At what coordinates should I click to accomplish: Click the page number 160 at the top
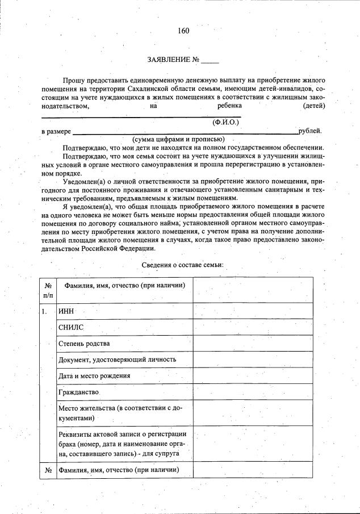[183, 31]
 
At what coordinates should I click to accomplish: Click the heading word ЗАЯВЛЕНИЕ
[169, 60]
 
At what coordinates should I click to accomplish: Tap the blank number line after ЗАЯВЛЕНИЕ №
[210, 60]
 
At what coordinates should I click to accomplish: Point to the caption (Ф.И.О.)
[225, 122]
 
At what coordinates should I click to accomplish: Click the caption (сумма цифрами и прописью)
[179, 139]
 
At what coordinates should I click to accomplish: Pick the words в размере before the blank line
[56, 131]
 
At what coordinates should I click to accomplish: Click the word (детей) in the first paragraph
[314, 106]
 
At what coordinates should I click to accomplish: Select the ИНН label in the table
[66, 312]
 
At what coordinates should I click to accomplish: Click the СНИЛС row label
[71, 328]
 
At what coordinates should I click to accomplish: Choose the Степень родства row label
[84, 344]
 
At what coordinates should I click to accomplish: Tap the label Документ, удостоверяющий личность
[117, 360]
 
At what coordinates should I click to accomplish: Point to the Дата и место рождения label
[94, 375]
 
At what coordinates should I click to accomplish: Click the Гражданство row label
[79, 392]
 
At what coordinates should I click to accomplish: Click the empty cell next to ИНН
[252, 311]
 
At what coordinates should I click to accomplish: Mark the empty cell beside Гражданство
[252, 392]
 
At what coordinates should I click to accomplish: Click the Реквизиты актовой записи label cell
[124, 444]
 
